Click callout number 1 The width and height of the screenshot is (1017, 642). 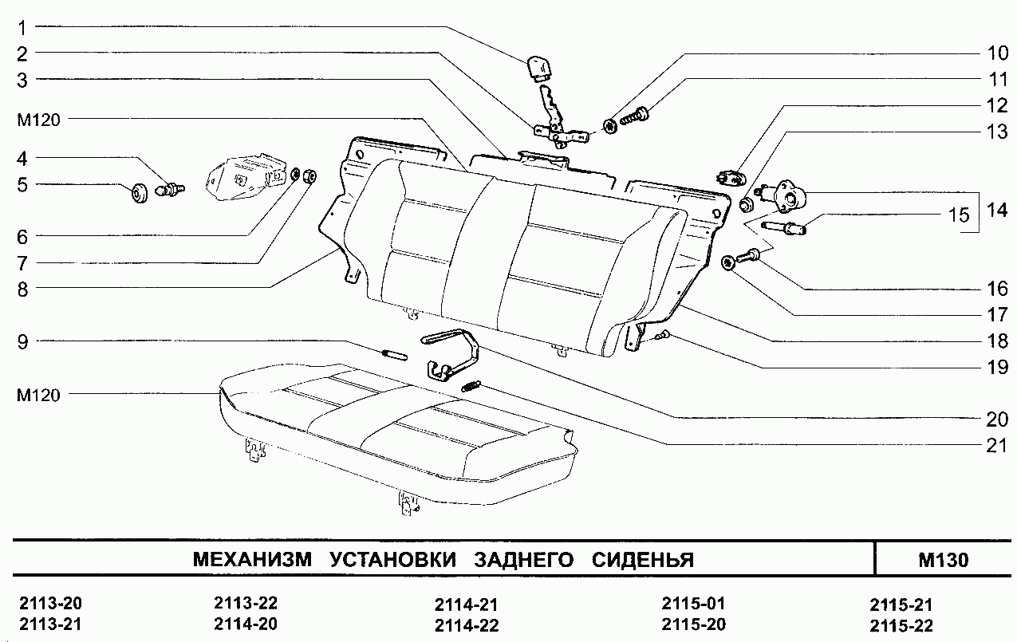[22, 29]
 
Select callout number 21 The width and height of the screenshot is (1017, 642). [996, 445]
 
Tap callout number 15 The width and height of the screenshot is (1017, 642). [959, 215]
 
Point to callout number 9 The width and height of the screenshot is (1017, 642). [22, 341]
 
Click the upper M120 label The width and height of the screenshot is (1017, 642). [38, 120]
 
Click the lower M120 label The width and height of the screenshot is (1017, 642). [38, 395]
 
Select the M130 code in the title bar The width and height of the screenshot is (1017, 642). [944, 560]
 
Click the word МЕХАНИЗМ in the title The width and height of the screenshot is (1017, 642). [252, 559]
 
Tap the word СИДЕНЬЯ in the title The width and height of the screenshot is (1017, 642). [643, 560]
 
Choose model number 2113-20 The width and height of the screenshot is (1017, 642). [50, 603]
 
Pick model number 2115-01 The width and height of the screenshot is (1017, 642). [693, 603]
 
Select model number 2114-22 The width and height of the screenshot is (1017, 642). [467, 625]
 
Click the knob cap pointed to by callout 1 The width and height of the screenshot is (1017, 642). [539, 69]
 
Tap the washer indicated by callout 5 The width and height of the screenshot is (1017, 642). [139, 194]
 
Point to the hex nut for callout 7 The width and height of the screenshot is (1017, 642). [309, 175]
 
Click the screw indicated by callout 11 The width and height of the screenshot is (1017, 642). [634, 116]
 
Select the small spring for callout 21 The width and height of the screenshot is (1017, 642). [471, 386]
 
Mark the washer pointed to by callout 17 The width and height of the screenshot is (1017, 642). [727, 263]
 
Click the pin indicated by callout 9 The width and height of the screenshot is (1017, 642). [395, 354]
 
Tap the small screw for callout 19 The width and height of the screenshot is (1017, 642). [662, 336]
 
